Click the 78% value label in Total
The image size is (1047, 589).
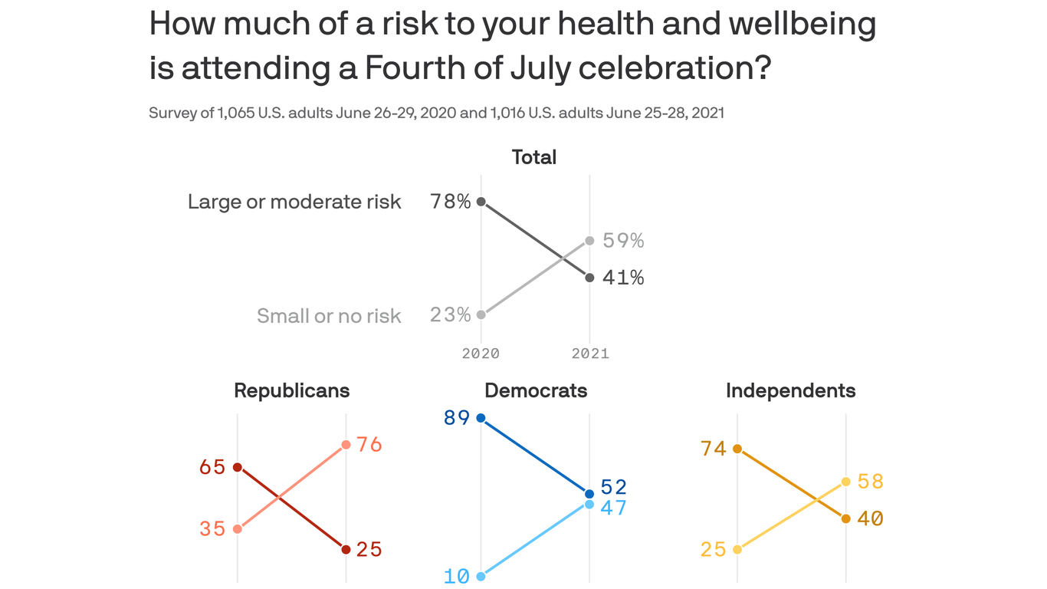[451, 202]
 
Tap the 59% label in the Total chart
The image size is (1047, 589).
[623, 241]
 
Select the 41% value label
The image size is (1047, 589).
[623, 278]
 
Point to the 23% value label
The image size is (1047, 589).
[451, 314]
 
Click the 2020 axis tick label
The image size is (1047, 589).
[481, 354]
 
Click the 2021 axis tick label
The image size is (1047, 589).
[590, 354]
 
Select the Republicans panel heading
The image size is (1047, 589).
[291, 390]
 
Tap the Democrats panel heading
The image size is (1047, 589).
[536, 390]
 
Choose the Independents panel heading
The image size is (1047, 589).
[790, 390]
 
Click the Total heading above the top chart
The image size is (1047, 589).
[534, 157]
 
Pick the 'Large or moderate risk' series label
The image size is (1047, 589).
[294, 202]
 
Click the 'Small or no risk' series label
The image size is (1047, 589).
[329, 315]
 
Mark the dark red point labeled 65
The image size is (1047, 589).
[238, 467]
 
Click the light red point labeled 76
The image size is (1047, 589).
[346, 445]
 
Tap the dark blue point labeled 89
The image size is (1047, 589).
[481, 418]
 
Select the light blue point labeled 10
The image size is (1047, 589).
[481, 576]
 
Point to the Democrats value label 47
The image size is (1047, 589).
[614, 508]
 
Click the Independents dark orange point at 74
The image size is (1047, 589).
[737, 449]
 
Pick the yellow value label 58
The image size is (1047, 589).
[871, 482]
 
